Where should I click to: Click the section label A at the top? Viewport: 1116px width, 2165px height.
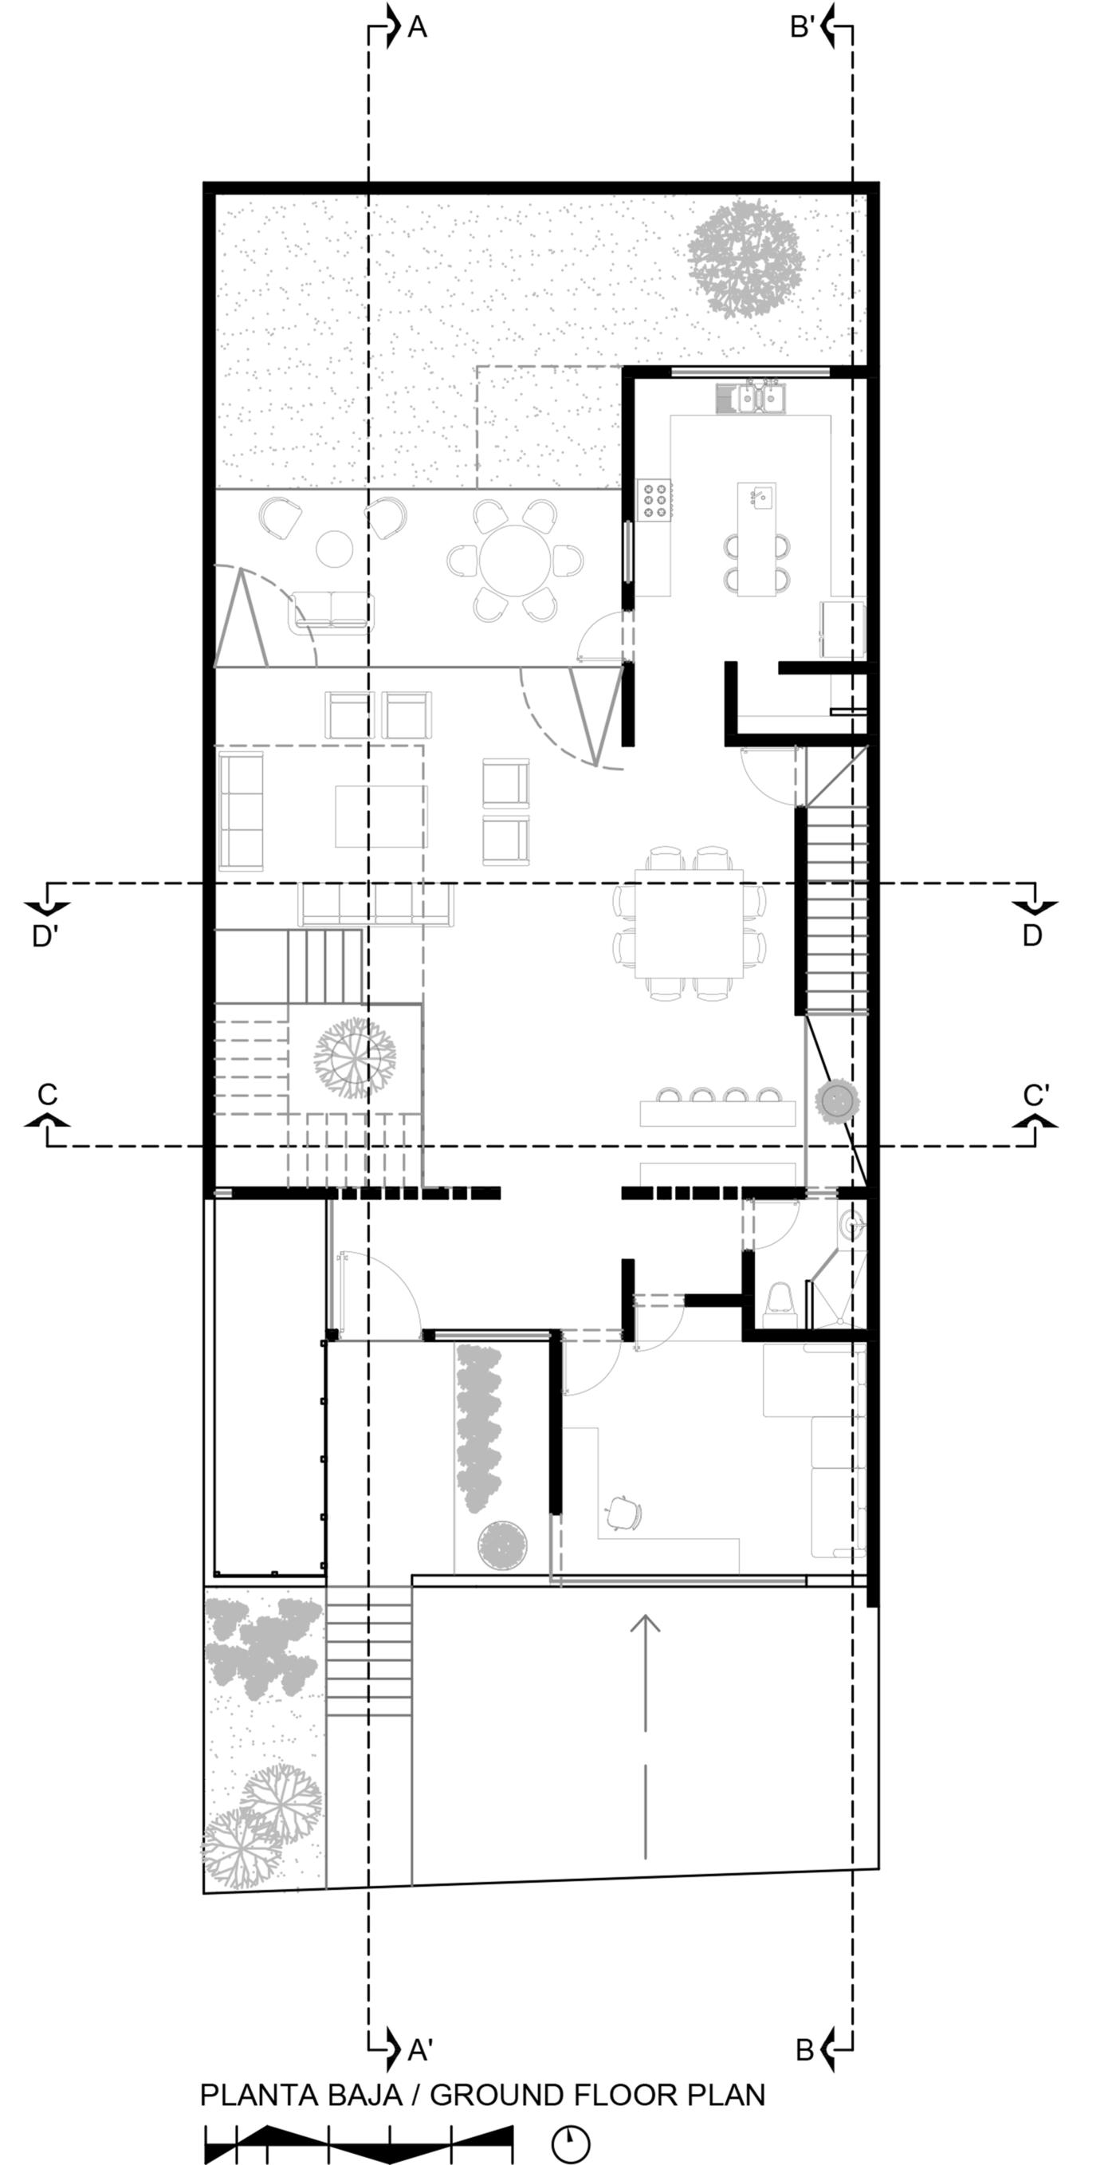[418, 28]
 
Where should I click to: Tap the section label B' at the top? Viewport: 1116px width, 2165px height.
[803, 28]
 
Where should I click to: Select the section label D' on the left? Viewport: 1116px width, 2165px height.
[45, 936]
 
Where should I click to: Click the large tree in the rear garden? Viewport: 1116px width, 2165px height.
[745, 258]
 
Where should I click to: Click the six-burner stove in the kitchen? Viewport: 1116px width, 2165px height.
[654, 500]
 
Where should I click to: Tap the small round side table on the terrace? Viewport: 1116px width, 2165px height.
[335, 549]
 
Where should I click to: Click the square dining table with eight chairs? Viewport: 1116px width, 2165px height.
[689, 923]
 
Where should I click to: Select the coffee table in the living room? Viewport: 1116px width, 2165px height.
[382, 816]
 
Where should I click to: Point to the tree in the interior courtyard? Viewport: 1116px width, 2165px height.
[355, 1059]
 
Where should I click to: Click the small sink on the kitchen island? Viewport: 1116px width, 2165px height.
[761, 497]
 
